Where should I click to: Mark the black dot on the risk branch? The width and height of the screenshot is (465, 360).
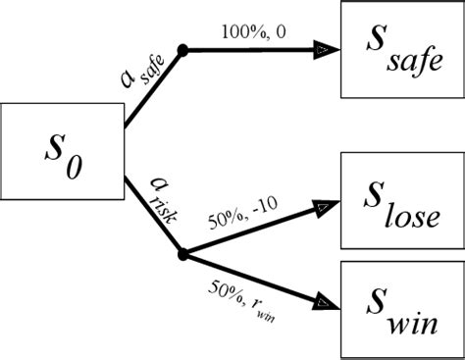point(181,255)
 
